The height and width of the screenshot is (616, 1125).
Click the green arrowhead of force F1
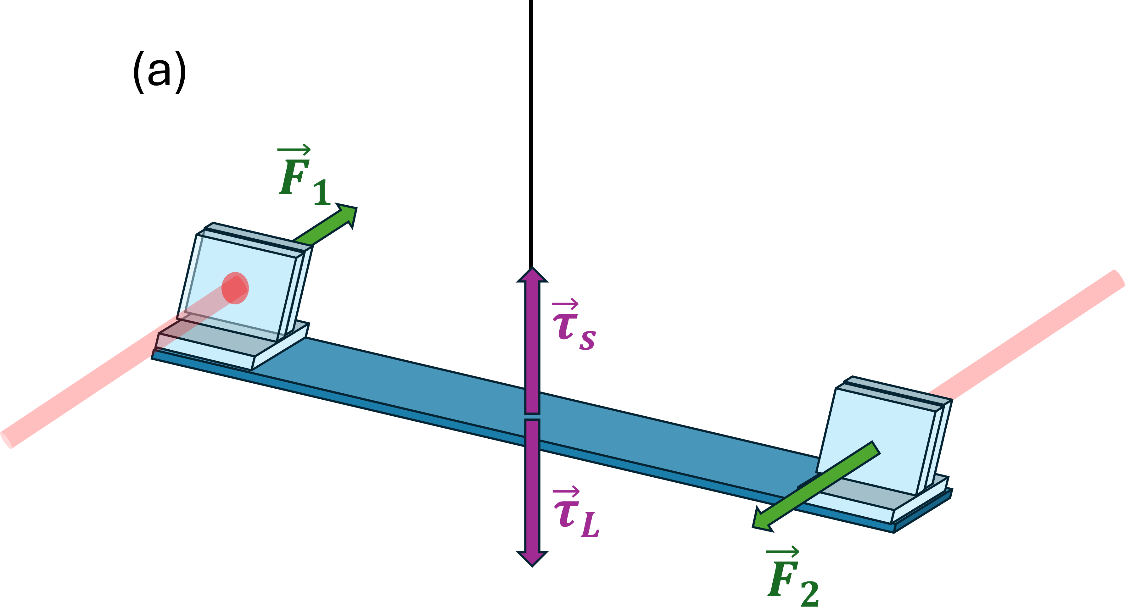[348, 214]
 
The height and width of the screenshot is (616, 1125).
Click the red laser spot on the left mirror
[235, 288]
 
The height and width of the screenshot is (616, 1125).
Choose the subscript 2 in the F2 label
[810, 594]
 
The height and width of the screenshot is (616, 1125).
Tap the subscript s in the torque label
[587, 341]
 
